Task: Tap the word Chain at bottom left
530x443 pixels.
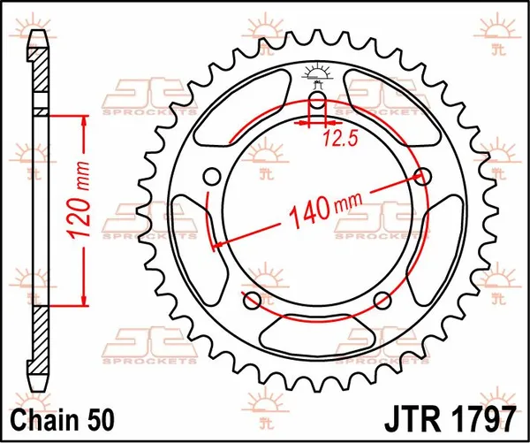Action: pyautogui.click(x=37, y=416)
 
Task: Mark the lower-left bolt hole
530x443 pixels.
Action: pyautogui.click(x=251, y=299)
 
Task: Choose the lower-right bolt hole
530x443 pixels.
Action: pyautogui.click(x=382, y=299)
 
